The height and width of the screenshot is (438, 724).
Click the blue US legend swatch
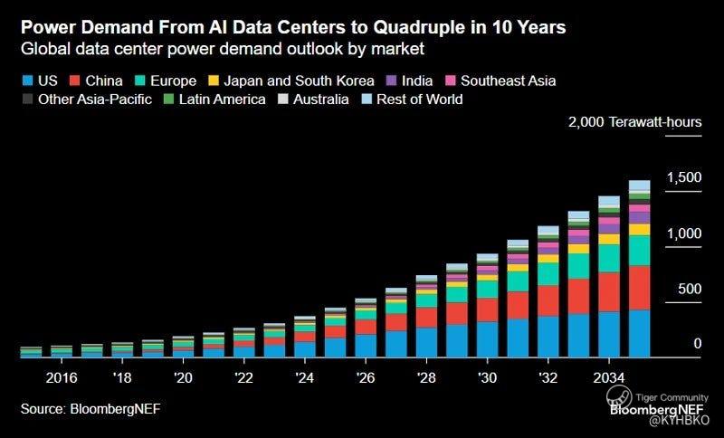[x=27, y=81]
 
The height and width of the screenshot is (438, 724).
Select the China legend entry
[x=103, y=81]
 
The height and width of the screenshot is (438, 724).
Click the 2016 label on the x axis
[x=61, y=376]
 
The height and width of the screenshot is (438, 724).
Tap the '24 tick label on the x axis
[x=305, y=376]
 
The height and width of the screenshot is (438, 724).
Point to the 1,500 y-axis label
[x=683, y=177]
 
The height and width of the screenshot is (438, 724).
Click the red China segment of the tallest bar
[x=639, y=288]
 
